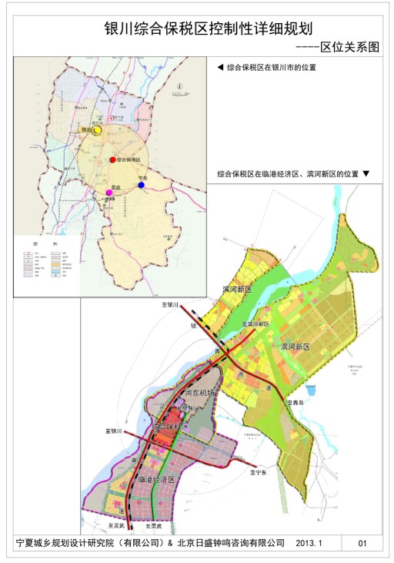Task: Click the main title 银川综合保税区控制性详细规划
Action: [x=196, y=28]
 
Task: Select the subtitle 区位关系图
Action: [x=350, y=47]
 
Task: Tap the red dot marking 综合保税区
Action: [x=112, y=159]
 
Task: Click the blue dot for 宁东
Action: [x=141, y=185]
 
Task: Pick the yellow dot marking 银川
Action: [x=98, y=130]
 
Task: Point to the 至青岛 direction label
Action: [x=295, y=402]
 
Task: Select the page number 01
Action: [x=363, y=543]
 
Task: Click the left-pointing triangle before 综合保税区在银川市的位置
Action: [x=221, y=68]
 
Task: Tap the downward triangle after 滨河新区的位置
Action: [x=366, y=174]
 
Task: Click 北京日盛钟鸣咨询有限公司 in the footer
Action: [x=230, y=543]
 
